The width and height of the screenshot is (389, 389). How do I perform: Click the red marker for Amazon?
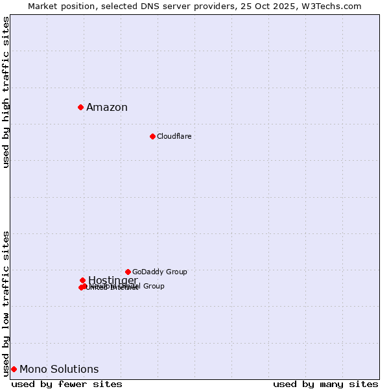click(x=80, y=107)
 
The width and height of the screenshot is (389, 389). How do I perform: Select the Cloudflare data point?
click(x=152, y=136)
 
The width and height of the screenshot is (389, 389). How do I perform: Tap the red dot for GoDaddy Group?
click(x=128, y=272)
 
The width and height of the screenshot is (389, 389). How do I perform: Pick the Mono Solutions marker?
click(x=14, y=369)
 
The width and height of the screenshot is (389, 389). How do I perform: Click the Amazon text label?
click(x=107, y=108)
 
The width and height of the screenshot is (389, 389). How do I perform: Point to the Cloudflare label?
click(x=174, y=137)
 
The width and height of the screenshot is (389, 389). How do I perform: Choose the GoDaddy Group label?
click(x=159, y=272)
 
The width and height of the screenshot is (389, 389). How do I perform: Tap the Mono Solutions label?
click(x=59, y=370)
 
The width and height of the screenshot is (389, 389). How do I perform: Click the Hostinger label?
click(x=113, y=280)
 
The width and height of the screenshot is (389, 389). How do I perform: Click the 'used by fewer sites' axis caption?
click(x=67, y=384)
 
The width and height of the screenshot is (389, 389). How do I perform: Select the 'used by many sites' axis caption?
click(x=325, y=384)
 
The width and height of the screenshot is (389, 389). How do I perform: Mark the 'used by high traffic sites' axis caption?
click(x=6, y=92)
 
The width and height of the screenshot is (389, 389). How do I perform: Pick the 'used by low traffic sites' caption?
click(x=6, y=303)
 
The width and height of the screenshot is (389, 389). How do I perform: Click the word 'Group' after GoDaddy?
click(x=176, y=272)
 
